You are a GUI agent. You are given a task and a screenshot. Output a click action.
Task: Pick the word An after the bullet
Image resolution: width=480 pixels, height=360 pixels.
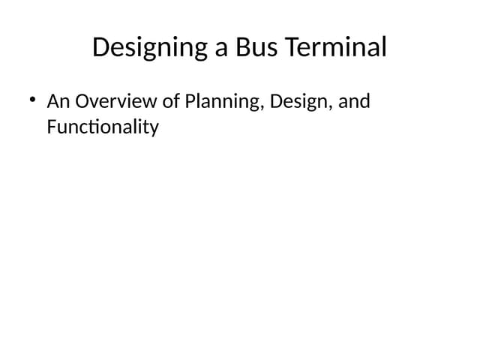tap(58, 101)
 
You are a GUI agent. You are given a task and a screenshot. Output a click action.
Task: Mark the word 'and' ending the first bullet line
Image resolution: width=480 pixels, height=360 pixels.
tap(354, 101)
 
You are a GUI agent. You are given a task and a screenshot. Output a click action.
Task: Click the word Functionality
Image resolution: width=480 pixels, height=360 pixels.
tap(103, 127)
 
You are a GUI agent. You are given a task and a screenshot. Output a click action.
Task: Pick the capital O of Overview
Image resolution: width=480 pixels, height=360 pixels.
tap(82, 101)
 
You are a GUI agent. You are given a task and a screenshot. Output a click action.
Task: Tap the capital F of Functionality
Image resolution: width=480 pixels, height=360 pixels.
tap(51, 127)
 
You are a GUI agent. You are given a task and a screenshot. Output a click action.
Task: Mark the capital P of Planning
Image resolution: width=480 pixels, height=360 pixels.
tap(190, 101)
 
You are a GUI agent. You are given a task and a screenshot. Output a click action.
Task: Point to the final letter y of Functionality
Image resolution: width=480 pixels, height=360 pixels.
tap(154, 130)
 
